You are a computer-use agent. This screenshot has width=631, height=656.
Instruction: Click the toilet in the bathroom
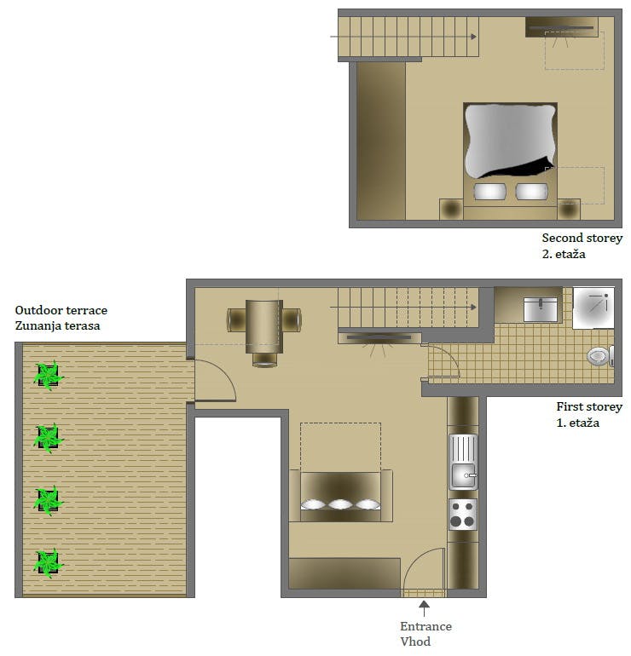pyautogui.click(x=600, y=356)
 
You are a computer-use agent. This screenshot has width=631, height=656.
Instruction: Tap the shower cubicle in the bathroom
pyautogui.click(x=593, y=307)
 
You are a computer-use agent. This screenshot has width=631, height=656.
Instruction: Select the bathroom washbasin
pyautogui.click(x=540, y=308)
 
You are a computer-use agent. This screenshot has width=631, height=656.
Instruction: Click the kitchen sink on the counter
pyautogui.click(x=463, y=462)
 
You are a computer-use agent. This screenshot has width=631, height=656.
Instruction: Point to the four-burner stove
pyautogui.click(x=463, y=515)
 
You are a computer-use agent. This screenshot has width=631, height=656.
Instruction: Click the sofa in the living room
pyautogui.click(x=340, y=496)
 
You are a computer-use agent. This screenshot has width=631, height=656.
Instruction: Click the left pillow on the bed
pyautogui.click(x=489, y=192)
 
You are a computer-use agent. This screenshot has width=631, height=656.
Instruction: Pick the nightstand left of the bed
pyautogui.click(x=451, y=210)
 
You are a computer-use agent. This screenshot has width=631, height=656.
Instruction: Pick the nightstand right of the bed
pyautogui.click(x=568, y=210)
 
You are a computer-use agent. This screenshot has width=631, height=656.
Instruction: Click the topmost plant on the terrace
pyautogui.click(x=48, y=375)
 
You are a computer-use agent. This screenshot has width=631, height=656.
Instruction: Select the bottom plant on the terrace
pyautogui.click(x=48, y=562)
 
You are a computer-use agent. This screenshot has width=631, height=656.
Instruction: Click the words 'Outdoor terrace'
pyautogui.click(x=61, y=311)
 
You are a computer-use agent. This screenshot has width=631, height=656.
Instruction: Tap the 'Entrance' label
pyautogui.click(x=426, y=627)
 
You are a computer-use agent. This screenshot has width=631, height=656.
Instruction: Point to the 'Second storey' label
pyautogui.click(x=582, y=239)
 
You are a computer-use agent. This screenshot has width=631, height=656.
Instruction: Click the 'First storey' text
pyautogui.click(x=589, y=407)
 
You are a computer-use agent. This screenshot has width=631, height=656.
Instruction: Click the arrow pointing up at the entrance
pyautogui.click(x=425, y=607)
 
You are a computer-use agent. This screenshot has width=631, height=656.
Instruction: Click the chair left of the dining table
pyautogui.click(x=235, y=319)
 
